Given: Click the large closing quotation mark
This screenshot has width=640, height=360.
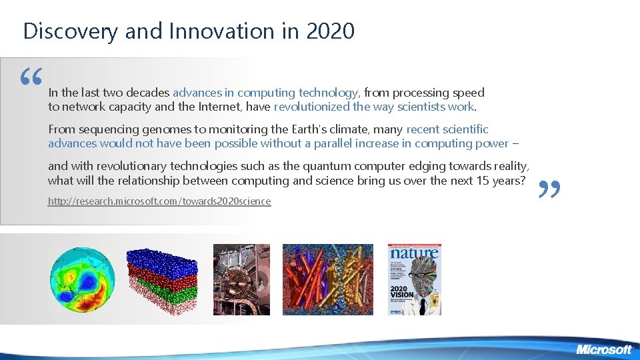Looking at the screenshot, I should (549, 191).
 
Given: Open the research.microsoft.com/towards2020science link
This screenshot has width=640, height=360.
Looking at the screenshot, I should (159, 201).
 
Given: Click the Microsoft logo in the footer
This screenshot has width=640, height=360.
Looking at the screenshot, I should (603, 349).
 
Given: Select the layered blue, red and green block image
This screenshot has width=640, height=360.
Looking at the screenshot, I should (162, 276).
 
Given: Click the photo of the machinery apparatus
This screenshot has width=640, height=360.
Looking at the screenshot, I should (241, 279).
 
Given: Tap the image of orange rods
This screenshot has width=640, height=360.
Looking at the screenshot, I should (328, 279).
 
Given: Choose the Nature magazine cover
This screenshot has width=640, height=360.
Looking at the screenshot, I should (414, 279).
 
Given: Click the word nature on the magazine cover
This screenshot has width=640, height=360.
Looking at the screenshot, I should (414, 253).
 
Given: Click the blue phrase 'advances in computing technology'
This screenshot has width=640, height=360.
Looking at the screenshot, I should (265, 93).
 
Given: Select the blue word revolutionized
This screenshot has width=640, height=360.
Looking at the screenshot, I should (311, 107).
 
